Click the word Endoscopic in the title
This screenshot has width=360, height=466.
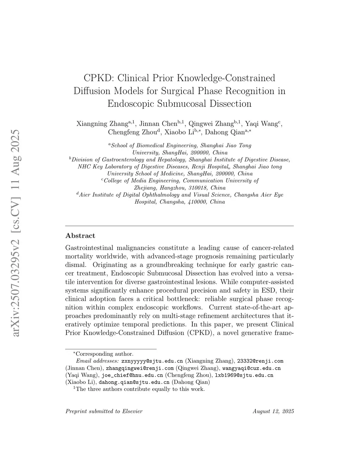[130, 104]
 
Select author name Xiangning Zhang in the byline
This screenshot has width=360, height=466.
[102, 124]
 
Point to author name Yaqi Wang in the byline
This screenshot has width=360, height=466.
[261, 124]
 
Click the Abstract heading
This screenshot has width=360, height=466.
[80, 236]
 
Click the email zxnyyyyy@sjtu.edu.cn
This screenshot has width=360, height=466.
[152, 361]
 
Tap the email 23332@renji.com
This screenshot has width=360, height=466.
[260, 361]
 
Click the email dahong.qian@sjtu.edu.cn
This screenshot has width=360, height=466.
[134, 382]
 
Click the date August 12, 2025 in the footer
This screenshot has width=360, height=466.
[273, 411]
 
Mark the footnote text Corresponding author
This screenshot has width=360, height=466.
[104, 354]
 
